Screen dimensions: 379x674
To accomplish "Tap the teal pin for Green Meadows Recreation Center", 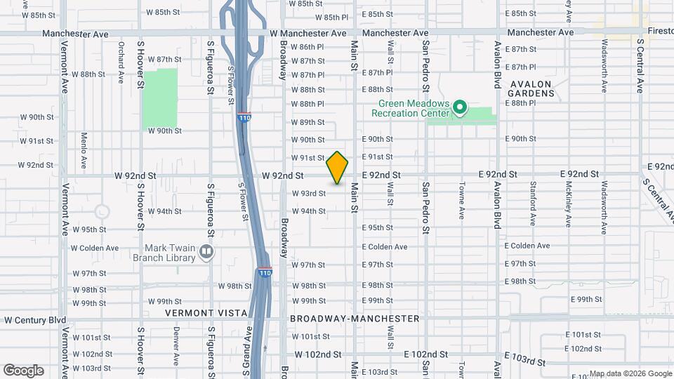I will pyautogui.click(x=460, y=107).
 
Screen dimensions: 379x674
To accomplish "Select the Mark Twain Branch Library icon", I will pyautogui.click(x=206, y=252).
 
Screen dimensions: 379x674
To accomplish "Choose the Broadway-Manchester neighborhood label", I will pyautogui.click(x=355, y=319).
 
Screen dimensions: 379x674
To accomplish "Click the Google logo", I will pyautogui.click(x=23, y=371).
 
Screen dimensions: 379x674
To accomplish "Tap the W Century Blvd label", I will pyautogui.click(x=35, y=320).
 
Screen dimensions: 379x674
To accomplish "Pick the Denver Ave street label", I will pyautogui.click(x=176, y=343).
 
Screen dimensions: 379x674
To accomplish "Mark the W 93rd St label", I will pyautogui.click(x=309, y=194).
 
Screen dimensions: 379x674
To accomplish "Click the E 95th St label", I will pyautogui.click(x=378, y=228).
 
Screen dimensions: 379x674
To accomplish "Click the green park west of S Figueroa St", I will pyautogui.click(x=160, y=98).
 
